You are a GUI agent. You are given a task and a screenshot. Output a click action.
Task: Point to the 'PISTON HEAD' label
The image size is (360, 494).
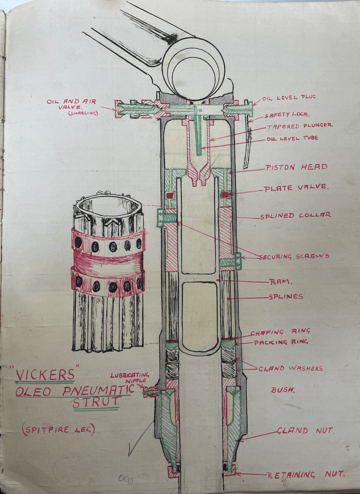pos(296,168)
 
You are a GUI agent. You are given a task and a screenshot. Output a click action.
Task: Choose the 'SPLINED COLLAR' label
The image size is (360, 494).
pos(295,215)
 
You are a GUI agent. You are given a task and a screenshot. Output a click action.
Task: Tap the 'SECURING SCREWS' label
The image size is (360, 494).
pos(294,256)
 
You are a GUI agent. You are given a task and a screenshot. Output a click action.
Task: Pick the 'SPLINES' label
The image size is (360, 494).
pos(286,297)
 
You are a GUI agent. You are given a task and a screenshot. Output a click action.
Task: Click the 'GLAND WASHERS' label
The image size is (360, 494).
pos(290,368)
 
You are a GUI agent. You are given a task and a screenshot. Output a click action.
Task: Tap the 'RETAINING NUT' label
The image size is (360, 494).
pos(306,474)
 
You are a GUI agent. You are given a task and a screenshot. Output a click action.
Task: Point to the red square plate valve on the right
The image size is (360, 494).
pos(224,195)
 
